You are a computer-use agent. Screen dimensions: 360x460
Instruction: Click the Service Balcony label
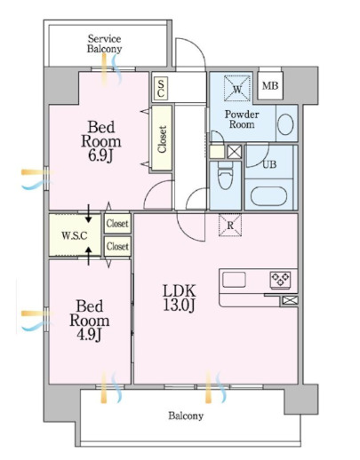point(104,44)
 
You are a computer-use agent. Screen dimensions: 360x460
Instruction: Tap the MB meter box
point(270,85)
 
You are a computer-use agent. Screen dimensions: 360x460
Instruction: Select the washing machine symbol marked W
point(237,89)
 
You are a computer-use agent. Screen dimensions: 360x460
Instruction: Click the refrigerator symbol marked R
point(230,226)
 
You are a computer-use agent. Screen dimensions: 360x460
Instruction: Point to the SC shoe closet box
point(161,88)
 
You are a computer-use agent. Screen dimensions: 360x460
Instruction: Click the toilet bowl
point(225,178)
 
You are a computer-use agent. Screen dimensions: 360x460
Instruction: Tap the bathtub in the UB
point(268,195)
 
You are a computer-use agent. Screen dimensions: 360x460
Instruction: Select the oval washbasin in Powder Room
point(285,123)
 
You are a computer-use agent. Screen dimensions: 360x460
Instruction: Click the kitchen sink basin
point(234,280)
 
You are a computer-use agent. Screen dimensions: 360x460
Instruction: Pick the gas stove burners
point(280,280)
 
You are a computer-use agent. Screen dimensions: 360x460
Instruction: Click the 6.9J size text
point(101,155)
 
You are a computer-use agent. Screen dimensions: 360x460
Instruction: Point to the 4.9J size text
point(90,335)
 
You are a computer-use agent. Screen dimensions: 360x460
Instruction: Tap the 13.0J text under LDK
point(179,305)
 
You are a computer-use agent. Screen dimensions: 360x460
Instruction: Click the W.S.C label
point(75,235)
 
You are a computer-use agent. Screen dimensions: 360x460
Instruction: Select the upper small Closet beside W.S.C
point(117,224)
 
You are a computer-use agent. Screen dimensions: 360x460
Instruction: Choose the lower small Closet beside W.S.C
point(117,246)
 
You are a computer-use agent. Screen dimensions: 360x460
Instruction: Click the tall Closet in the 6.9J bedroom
point(162,139)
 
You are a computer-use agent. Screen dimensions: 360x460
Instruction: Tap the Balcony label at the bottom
point(186,416)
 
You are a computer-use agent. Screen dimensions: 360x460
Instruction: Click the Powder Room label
point(242,119)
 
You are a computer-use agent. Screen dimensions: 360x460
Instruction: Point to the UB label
point(269,164)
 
